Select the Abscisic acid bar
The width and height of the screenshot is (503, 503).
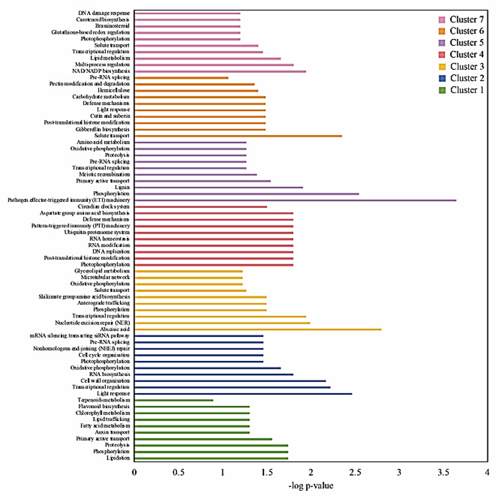258,329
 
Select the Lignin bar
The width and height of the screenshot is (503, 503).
219,187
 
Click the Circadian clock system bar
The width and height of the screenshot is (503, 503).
201,206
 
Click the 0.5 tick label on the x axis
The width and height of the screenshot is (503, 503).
179,472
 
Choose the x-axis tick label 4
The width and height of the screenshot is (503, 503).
487,472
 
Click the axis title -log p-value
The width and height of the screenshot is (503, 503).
311,486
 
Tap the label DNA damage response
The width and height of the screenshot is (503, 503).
105,13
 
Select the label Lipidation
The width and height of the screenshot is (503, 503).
118,458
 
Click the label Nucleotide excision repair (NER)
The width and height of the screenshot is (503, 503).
93,323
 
